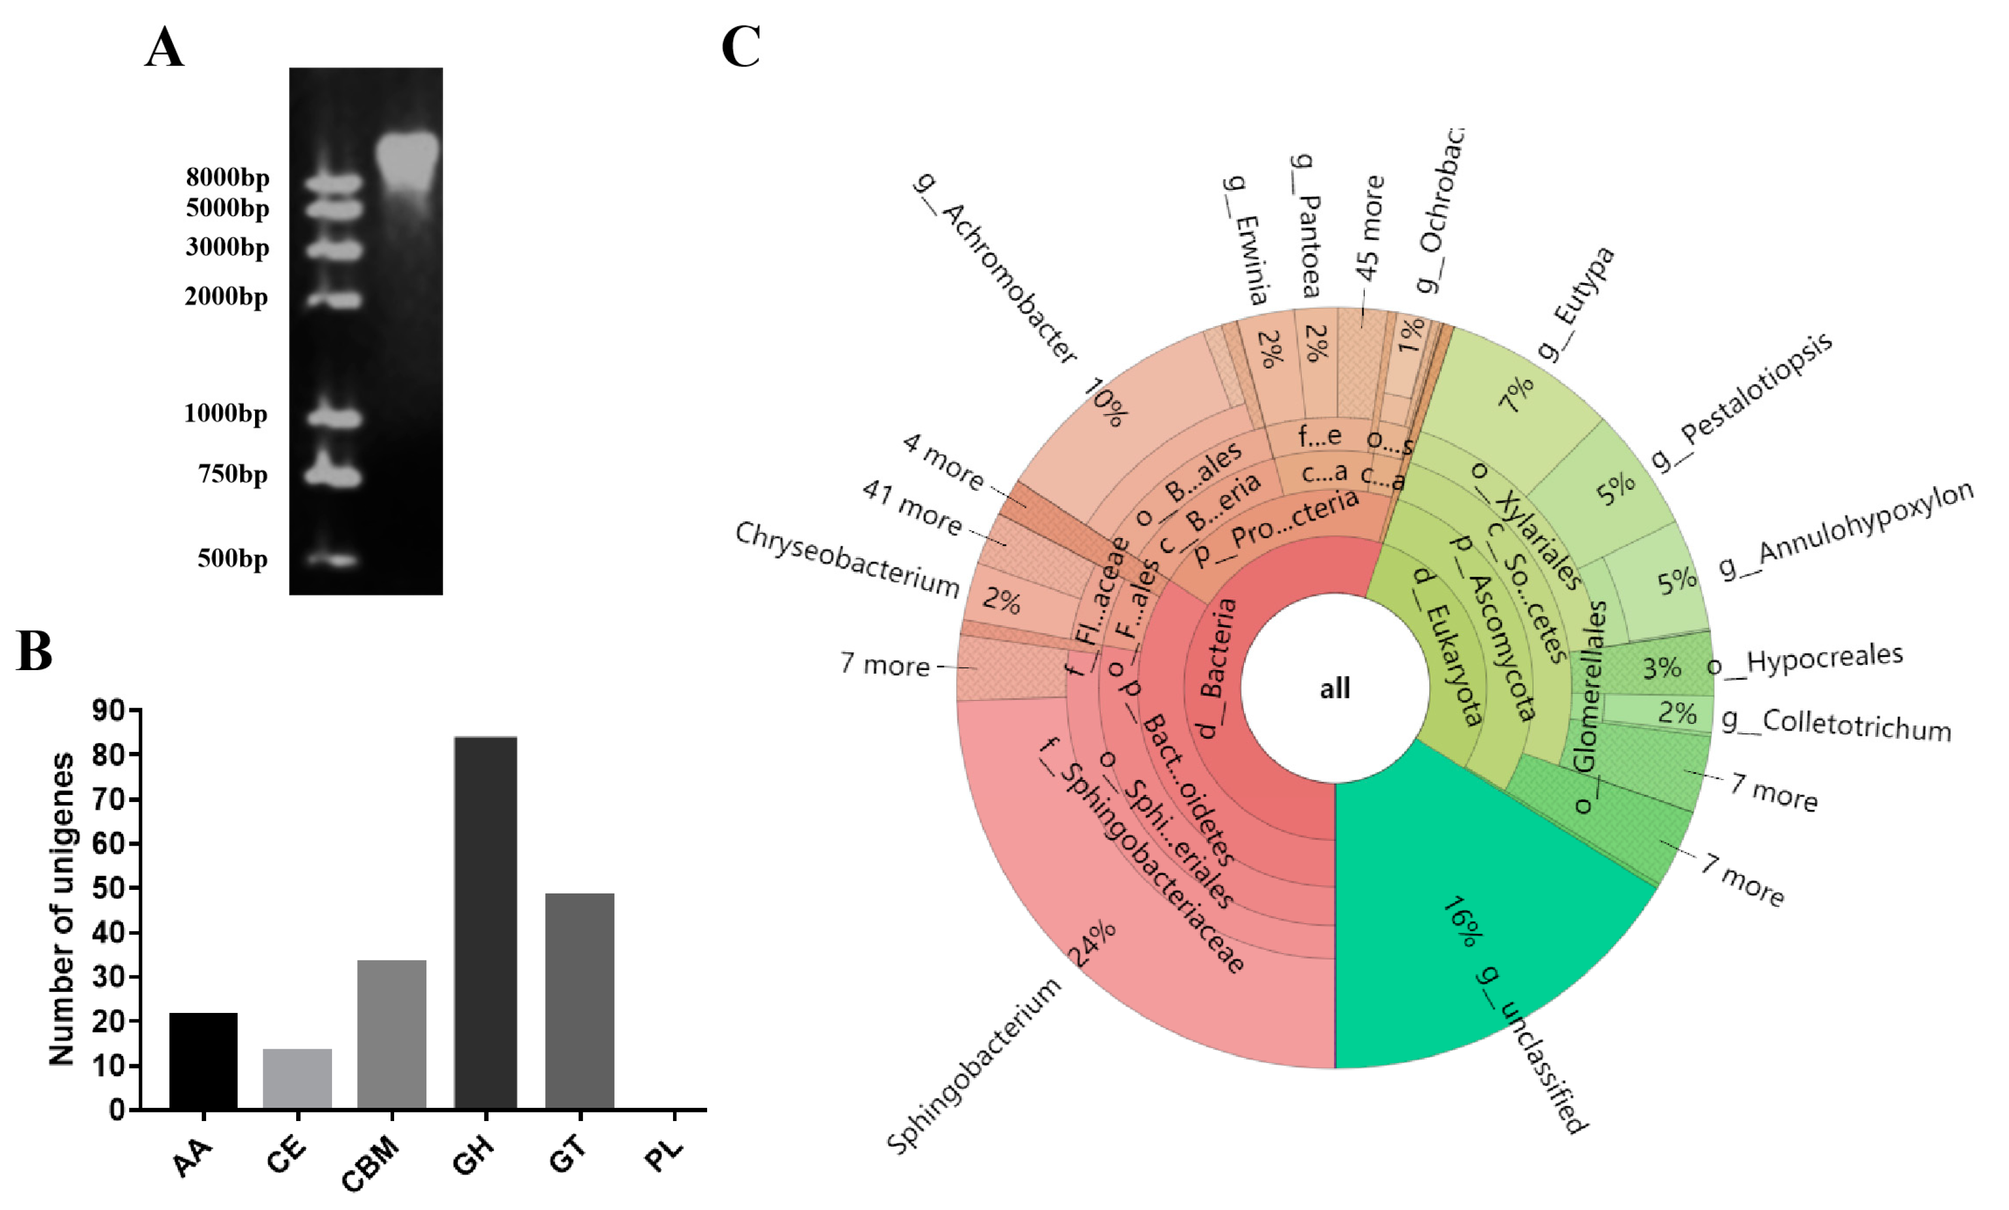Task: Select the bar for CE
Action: [x=297, y=1078]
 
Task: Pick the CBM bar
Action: [x=392, y=1034]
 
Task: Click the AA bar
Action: [x=204, y=1060]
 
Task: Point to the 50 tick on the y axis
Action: [x=109, y=888]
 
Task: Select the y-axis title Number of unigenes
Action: [x=62, y=909]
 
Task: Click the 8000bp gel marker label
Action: [x=228, y=177]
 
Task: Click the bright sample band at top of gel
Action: [x=408, y=155]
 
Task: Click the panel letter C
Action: [x=741, y=47]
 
